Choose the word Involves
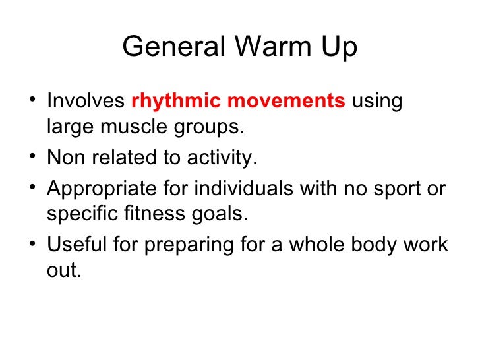tap(86, 103)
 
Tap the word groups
tap(208, 128)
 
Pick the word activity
tap(224, 158)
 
